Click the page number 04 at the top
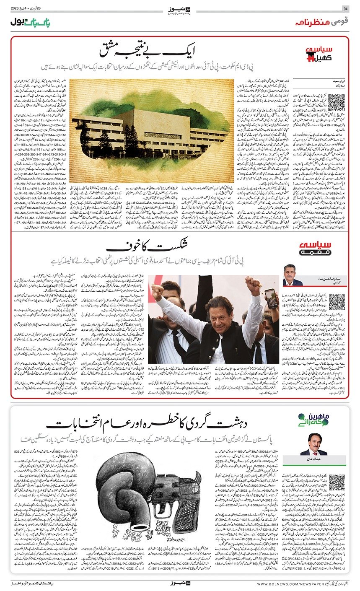tap(346, 9)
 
